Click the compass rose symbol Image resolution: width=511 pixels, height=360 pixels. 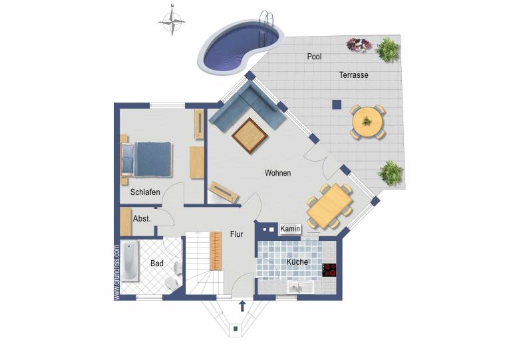click(172, 22)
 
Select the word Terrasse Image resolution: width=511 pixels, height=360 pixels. click(353, 75)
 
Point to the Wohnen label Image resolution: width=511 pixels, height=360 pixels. click(277, 173)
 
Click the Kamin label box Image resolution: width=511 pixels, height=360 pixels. click(290, 229)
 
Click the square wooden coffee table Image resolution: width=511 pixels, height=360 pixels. click(250, 136)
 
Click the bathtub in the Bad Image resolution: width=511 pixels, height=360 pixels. click(130, 261)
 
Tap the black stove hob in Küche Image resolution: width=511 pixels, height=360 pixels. click(329, 270)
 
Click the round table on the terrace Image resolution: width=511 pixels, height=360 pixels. click(367, 122)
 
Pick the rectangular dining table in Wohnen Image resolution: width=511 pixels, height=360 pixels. click(330, 206)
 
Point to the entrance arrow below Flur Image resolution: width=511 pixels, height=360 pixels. click(242, 306)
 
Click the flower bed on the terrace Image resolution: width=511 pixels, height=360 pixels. click(359, 45)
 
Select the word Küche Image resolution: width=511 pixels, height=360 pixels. click(297, 262)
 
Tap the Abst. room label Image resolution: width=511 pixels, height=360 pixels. click(142, 219)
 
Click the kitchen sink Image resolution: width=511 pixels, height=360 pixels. click(301, 287)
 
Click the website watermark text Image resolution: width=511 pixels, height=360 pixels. click(116, 272)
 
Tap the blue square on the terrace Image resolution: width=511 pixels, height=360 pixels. click(337, 104)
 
